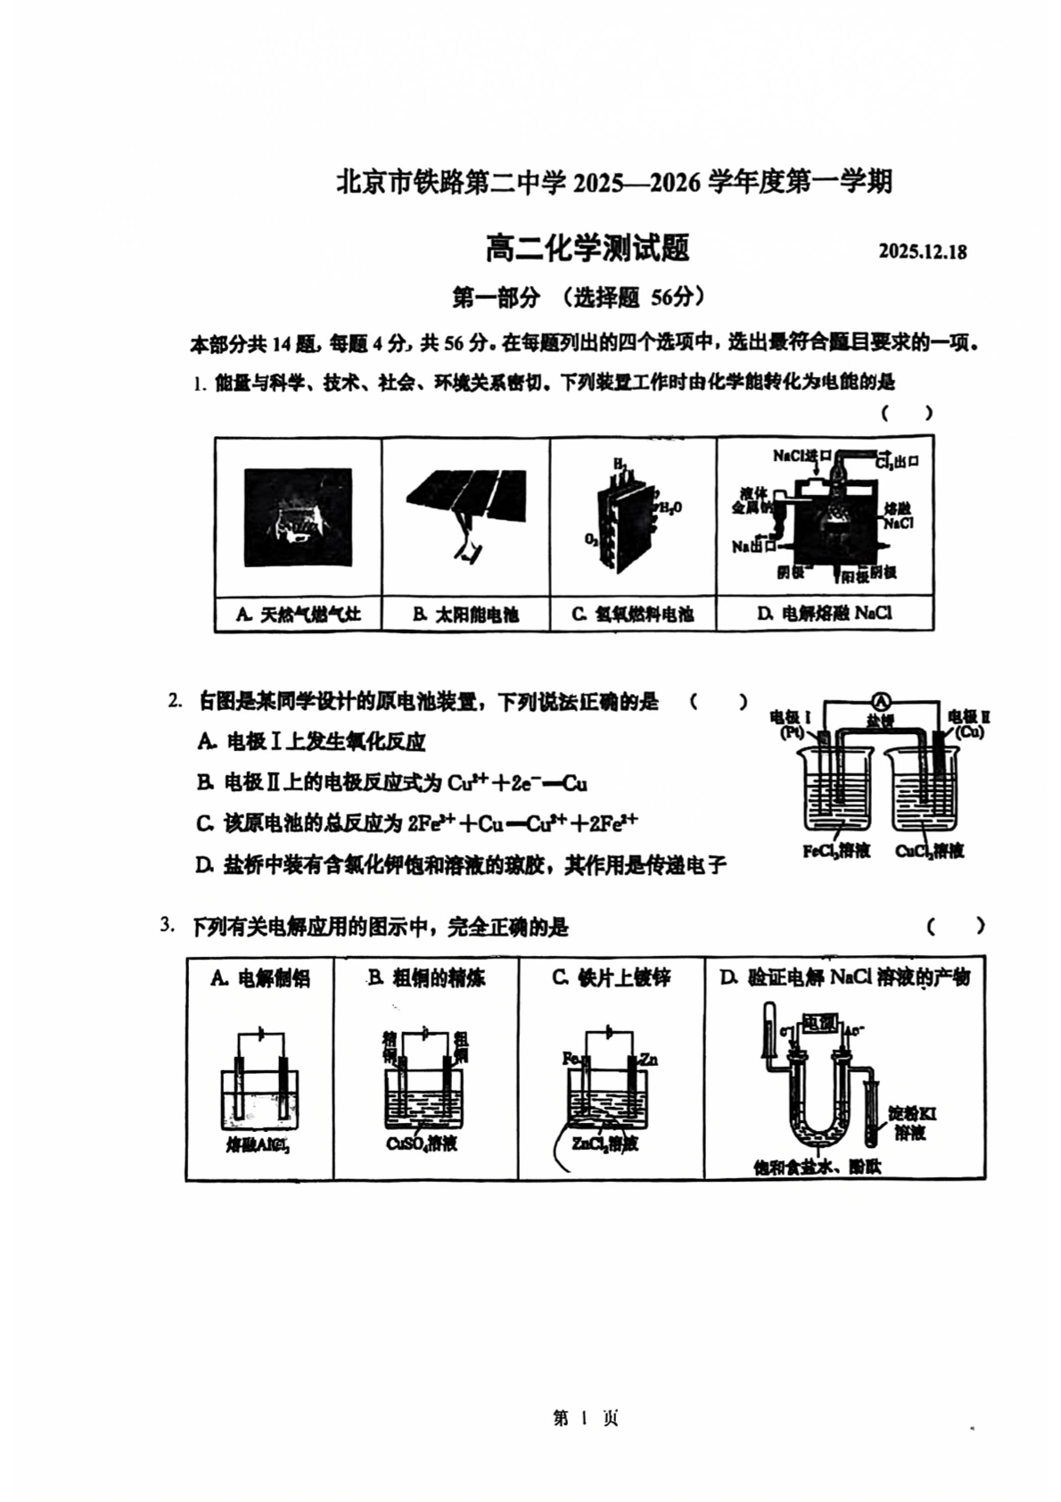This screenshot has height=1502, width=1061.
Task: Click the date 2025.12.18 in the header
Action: pos(922,252)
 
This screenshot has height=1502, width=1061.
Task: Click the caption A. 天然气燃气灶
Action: pos(298,615)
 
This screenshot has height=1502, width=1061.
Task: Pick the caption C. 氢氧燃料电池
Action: pos(633,615)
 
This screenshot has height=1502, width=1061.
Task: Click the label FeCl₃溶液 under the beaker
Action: pos(835,851)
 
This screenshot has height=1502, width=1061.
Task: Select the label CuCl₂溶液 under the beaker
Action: pos(929,851)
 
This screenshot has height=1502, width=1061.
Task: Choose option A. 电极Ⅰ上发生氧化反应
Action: pos(312,741)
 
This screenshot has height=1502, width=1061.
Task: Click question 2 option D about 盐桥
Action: pos(461,865)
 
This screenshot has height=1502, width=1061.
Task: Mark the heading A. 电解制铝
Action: pos(260,978)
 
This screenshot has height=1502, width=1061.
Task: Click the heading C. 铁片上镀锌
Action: pos(612,978)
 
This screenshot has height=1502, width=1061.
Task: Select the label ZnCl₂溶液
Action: pos(605,1144)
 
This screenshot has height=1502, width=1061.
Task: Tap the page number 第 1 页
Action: pos(586,1418)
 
